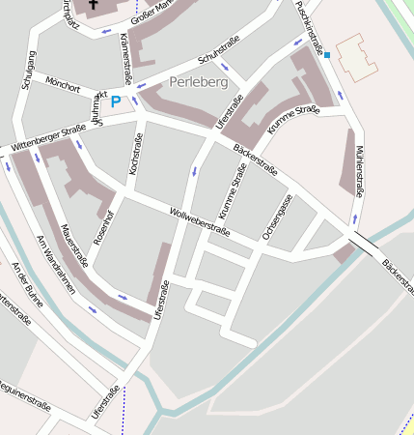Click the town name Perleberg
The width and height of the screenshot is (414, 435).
[x=198, y=82]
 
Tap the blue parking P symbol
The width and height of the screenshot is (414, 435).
[x=116, y=101]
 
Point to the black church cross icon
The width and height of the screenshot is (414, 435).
[x=94, y=8]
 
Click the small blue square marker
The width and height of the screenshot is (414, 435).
[x=327, y=55]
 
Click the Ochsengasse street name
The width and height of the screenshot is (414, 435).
[x=277, y=217]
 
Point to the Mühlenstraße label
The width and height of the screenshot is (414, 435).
[x=358, y=172]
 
